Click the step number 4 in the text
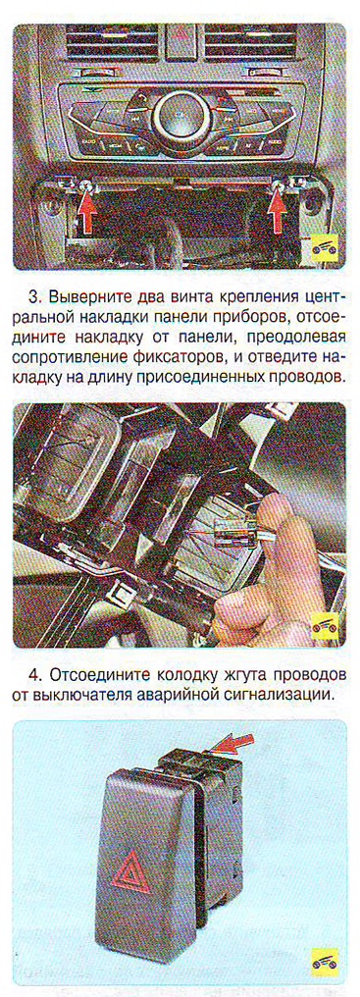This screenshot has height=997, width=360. (x=35, y=674)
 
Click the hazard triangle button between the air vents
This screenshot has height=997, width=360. (x=180, y=33)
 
